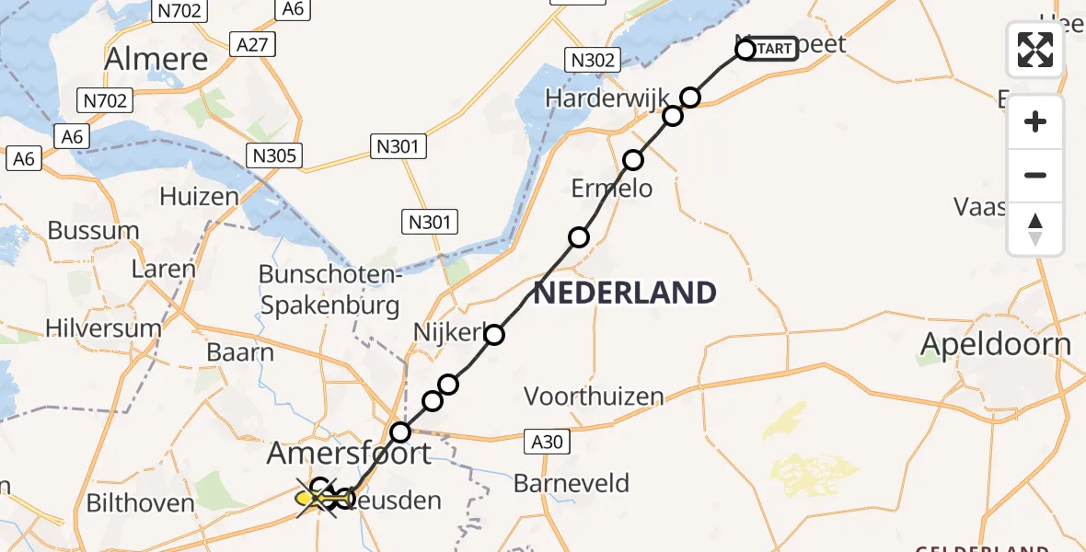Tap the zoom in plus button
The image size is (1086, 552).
coord(1035,121)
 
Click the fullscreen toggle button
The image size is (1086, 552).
coord(1035,50)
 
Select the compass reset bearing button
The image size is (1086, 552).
coord(1035,229)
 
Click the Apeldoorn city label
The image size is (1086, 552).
coord(997,345)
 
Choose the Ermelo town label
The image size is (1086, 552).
coord(612,189)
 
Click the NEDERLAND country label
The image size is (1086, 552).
coord(625,293)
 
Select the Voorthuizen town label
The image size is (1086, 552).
coord(594,397)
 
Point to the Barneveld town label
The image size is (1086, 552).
coord(572,483)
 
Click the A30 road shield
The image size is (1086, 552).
coord(547,443)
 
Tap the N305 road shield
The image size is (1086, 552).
coord(274,155)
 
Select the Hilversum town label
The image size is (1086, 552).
coord(103,328)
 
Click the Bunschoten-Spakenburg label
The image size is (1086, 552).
coord(329,290)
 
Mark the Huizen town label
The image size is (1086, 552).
coord(199,196)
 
